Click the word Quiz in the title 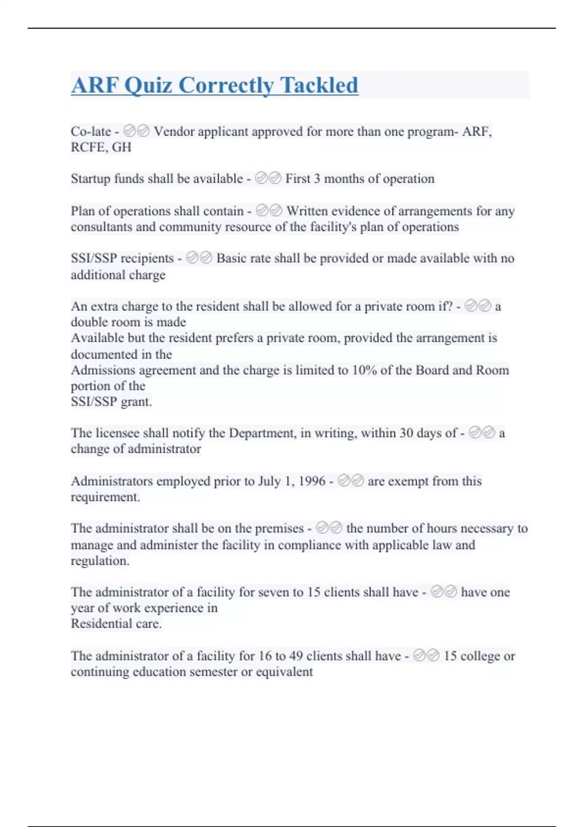click(148, 86)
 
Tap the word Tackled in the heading click(319, 86)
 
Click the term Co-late click(91, 131)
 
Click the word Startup click(91, 179)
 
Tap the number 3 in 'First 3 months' click(317, 179)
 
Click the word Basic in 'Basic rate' click(231, 258)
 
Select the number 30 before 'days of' click(406, 433)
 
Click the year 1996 click(311, 481)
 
